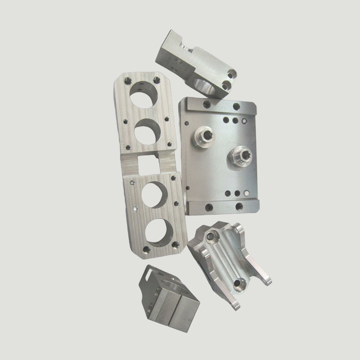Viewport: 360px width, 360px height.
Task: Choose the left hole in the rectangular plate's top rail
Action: click(x=206, y=105)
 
